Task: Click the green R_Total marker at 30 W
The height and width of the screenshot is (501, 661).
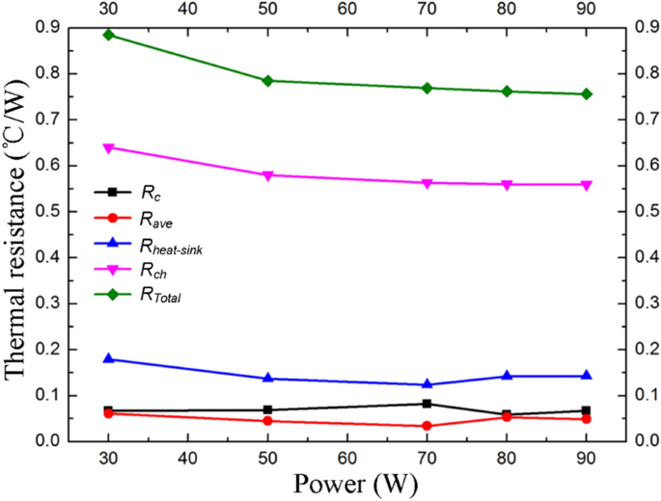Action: tap(108, 35)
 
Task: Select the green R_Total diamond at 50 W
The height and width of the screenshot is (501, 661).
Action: tap(267, 80)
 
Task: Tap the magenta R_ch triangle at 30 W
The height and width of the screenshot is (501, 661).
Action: tap(108, 148)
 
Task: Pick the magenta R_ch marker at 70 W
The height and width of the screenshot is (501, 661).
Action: tap(427, 183)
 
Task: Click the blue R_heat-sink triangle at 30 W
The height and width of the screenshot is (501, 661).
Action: tap(108, 358)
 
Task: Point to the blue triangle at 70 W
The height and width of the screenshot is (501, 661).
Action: tap(427, 384)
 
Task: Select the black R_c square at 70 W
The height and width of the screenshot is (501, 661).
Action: tap(427, 404)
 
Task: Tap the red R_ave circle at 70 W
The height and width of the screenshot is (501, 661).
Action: tap(427, 426)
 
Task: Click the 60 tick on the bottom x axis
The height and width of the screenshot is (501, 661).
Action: tap(346, 456)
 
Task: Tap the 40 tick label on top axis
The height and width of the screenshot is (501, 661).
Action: tap(187, 9)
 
